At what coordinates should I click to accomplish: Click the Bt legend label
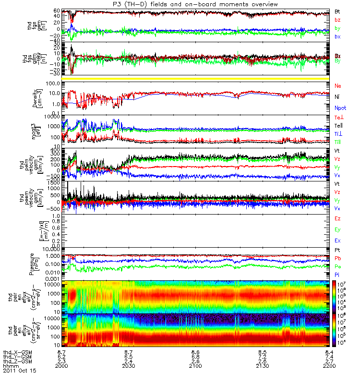tap(337, 11)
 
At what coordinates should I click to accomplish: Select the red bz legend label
tap(337, 19)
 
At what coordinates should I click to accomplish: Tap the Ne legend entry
tap(338, 85)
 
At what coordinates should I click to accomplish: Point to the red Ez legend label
tap(338, 218)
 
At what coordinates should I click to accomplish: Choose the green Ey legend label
tap(338, 229)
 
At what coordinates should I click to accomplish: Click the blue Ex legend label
tap(338, 240)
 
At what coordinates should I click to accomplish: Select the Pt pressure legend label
tap(337, 251)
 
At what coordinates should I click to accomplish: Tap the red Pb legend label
tap(338, 258)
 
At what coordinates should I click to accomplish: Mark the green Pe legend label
tap(338, 266)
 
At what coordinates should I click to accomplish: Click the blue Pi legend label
tap(337, 274)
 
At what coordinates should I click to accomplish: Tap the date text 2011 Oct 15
tap(19, 371)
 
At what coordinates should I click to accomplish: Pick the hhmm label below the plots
tap(11, 366)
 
